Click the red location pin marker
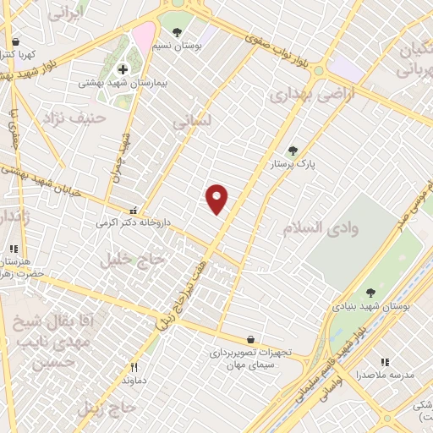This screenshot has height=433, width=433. tap(217, 198)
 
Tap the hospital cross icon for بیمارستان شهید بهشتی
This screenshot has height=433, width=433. tap(123, 69)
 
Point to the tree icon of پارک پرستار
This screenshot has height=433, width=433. tap(293, 150)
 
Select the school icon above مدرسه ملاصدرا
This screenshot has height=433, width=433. tap(385, 361)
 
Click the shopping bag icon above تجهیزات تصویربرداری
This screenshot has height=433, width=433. tap(249, 340)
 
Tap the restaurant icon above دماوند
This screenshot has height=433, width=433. tap(134, 368)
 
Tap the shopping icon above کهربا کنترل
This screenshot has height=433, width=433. tap(15, 41)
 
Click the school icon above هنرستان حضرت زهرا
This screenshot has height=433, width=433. tap(14, 249)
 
